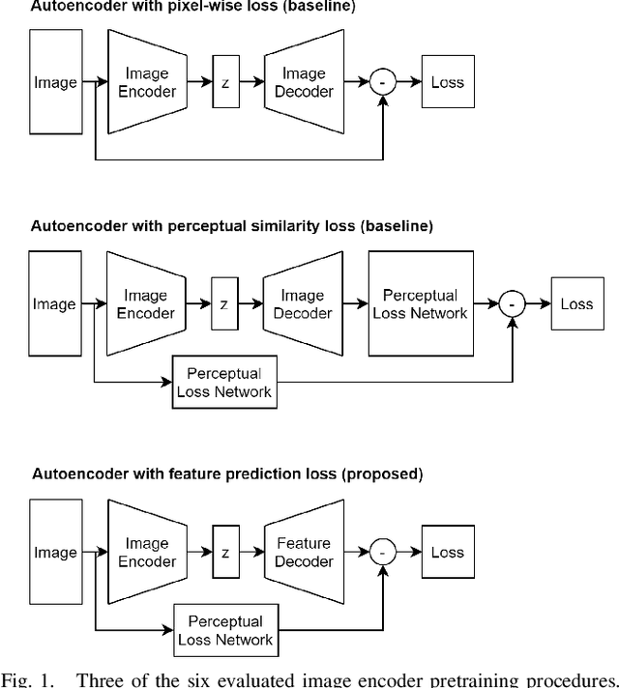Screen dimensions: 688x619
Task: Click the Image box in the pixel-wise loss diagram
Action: [x=55, y=82]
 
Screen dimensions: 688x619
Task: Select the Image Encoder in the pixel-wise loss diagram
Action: [x=147, y=82]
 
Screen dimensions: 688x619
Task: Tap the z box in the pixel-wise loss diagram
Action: [x=224, y=82]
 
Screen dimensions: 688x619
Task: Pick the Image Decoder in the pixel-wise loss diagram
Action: [x=303, y=82]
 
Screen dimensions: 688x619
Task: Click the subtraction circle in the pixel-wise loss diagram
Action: [x=383, y=82]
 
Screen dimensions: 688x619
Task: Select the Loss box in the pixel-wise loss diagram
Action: [x=448, y=82]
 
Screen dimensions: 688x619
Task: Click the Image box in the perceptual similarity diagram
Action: [x=55, y=304]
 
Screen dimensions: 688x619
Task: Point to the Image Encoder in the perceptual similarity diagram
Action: [x=147, y=304]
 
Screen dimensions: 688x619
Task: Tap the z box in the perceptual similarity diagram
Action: [x=224, y=304]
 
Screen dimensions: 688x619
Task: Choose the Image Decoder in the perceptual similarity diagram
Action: [x=303, y=304]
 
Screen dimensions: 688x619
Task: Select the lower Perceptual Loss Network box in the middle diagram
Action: [x=224, y=383]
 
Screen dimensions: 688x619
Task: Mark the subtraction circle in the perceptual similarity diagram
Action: [x=512, y=304]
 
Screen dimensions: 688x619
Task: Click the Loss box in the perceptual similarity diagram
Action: [x=576, y=304]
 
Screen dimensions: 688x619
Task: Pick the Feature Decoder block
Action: [x=303, y=553]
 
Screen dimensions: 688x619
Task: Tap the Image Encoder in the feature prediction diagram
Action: [x=147, y=553]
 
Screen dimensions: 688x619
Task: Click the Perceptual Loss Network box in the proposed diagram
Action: [x=224, y=630]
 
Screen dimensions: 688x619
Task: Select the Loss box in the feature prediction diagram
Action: [x=448, y=553]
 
